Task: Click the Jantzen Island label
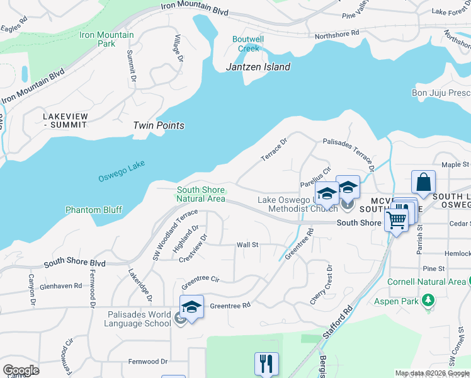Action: click(259, 67)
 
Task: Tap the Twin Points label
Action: click(159, 125)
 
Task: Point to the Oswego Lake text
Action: click(122, 171)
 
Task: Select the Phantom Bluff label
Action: click(94, 210)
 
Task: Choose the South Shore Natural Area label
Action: click(201, 194)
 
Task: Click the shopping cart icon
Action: click(396, 220)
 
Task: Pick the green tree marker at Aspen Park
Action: click(429, 300)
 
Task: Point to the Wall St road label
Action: click(247, 244)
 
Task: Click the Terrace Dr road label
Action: click(274, 149)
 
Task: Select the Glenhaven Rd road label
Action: click(61, 285)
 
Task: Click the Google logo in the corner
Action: click(21, 370)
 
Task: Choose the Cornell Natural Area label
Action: click(427, 282)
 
